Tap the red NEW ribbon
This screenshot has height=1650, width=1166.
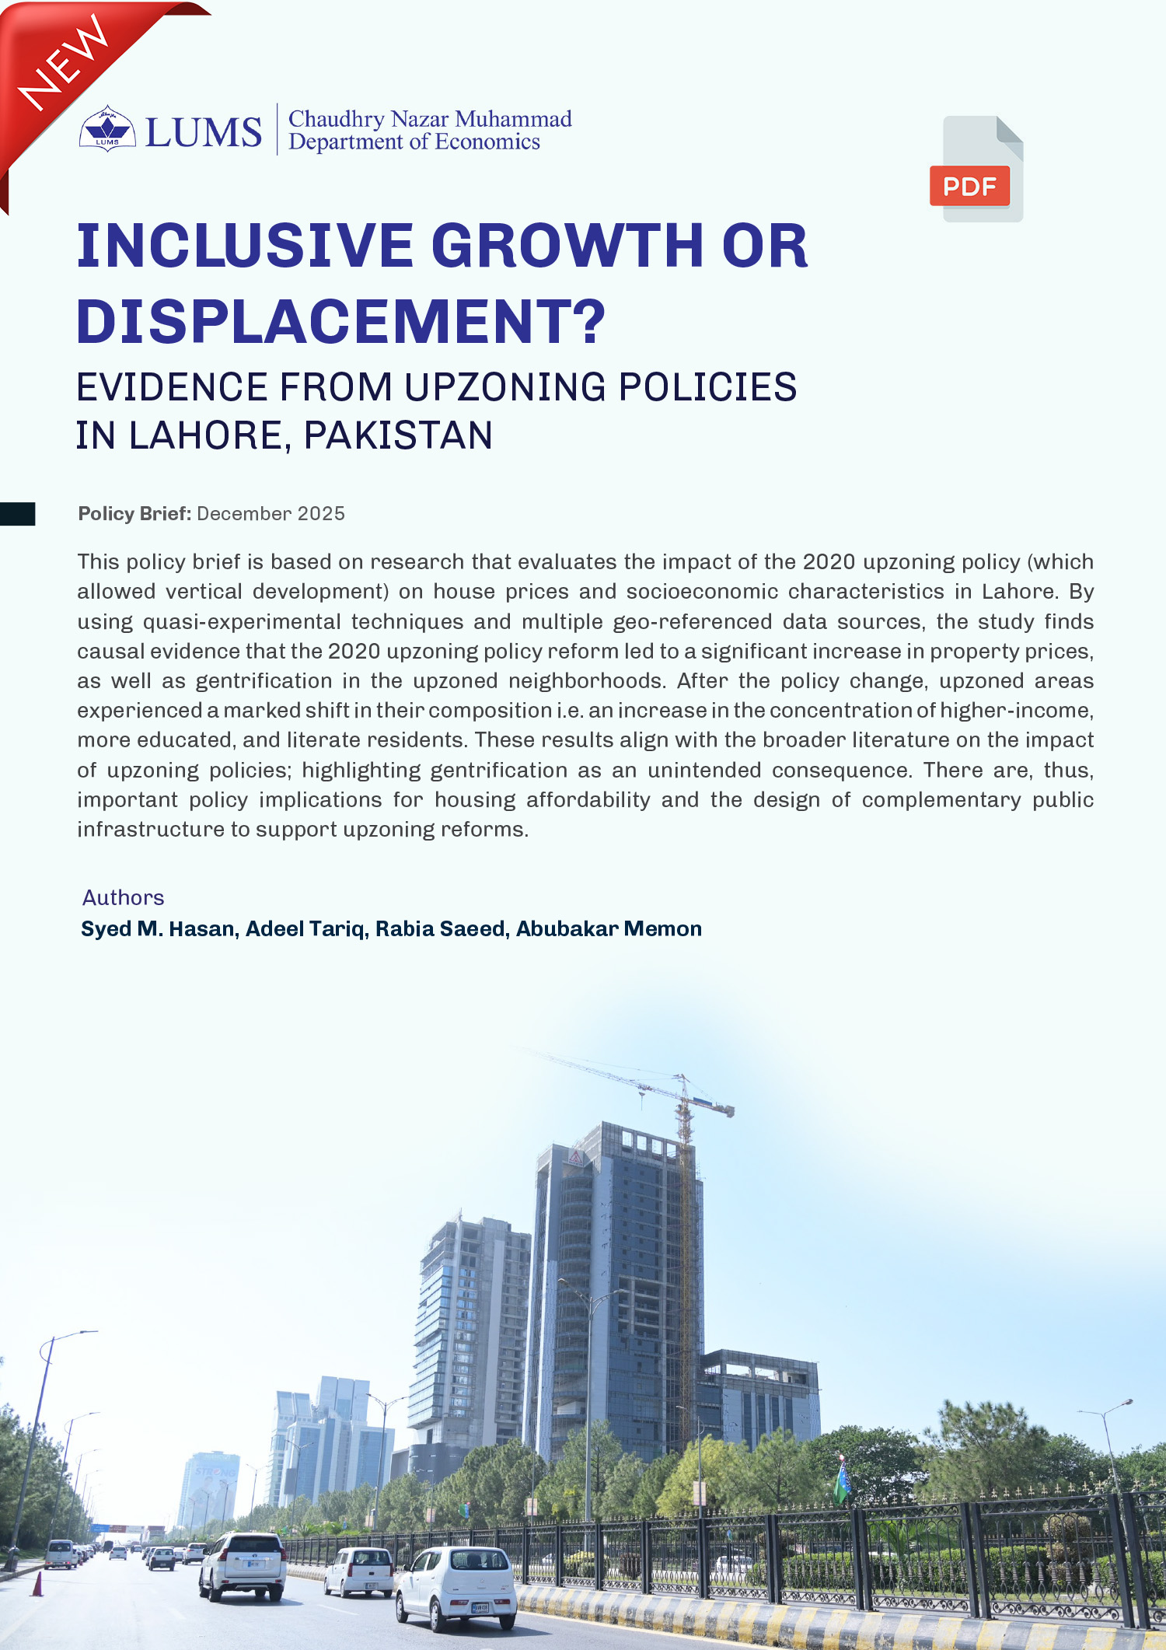click(66, 66)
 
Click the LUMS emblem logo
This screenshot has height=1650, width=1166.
click(107, 129)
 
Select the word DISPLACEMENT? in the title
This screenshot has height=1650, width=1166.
click(340, 321)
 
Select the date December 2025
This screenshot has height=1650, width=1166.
click(271, 514)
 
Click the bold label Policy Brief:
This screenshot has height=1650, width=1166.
click(134, 514)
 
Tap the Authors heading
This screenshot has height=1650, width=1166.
click(124, 898)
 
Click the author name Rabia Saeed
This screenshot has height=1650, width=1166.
click(440, 929)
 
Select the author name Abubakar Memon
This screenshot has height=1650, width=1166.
click(609, 929)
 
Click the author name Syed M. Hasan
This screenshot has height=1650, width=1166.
click(159, 929)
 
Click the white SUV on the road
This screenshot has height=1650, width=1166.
click(243, 1565)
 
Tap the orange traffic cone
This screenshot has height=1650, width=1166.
click(37, 1583)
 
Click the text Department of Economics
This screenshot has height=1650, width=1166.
click(414, 142)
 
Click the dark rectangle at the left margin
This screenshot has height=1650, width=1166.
click(17, 514)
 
